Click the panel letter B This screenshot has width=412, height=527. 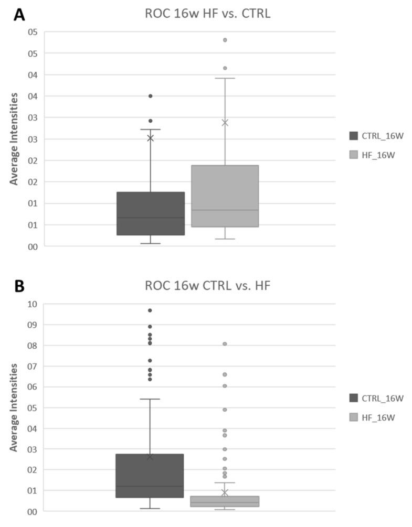(18, 287)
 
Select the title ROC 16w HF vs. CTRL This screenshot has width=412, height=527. (207, 14)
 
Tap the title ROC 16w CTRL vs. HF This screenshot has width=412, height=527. (207, 286)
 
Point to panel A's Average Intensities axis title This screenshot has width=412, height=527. (15, 139)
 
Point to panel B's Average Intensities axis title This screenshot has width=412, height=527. (15, 407)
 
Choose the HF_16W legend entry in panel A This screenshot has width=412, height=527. (372, 155)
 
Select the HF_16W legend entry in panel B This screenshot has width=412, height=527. (372, 417)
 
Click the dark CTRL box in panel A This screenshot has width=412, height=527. (150, 213)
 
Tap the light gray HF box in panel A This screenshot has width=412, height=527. (225, 196)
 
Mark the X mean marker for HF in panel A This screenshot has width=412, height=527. (225, 123)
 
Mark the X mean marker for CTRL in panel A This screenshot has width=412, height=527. (150, 138)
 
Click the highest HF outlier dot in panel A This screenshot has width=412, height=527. (225, 40)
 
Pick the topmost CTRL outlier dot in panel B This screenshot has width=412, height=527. (150, 310)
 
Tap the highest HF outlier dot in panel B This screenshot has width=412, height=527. (225, 344)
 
